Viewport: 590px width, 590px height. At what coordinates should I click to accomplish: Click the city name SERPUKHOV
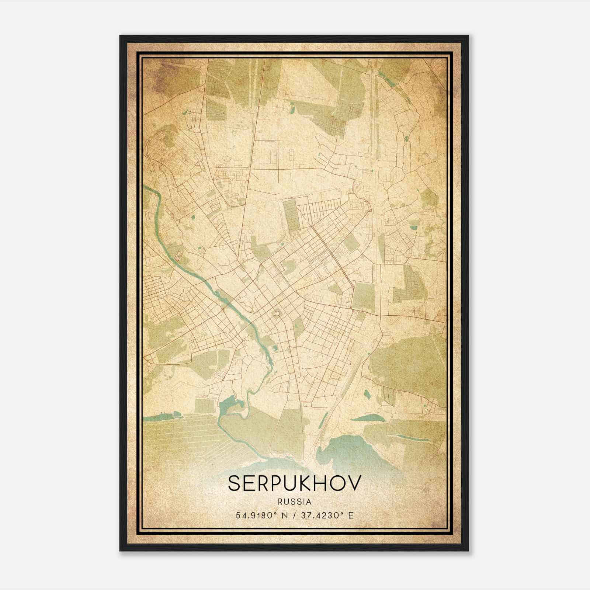tap(294, 483)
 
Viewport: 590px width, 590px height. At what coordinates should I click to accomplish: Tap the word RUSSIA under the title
tap(295, 502)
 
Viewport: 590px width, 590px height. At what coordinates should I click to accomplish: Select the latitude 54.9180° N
tap(262, 515)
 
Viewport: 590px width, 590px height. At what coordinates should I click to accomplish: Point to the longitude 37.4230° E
tap(327, 515)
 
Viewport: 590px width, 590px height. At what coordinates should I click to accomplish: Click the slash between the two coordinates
tap(295, 515)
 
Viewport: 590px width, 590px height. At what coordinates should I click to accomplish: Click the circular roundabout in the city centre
tap(277, 313)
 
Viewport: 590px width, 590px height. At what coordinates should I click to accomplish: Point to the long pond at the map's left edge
tap(162, 417)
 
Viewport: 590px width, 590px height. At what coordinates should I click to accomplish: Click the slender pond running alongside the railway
tap(325, 419)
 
